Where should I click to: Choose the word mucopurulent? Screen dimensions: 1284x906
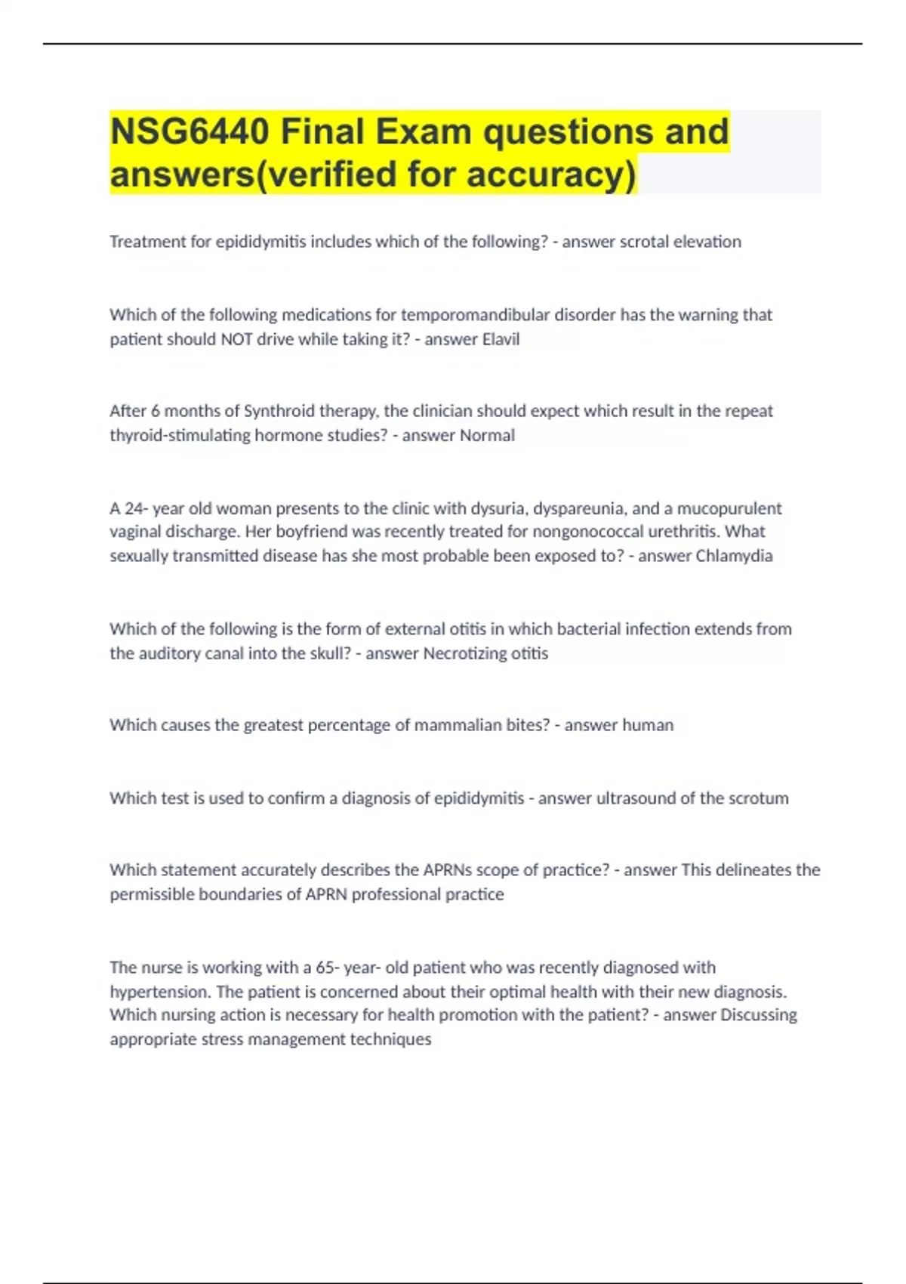click(729, 508)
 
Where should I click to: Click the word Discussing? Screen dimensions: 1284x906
click(759, 1015)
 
